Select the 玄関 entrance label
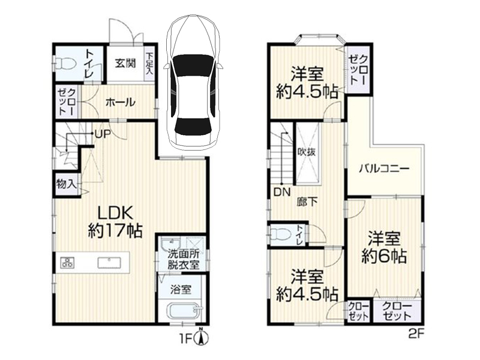125,62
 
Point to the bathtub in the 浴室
182,313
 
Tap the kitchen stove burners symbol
67,262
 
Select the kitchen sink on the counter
109,262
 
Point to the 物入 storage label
65,183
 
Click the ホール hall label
120,102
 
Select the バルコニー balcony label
384,169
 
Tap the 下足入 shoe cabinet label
149,64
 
